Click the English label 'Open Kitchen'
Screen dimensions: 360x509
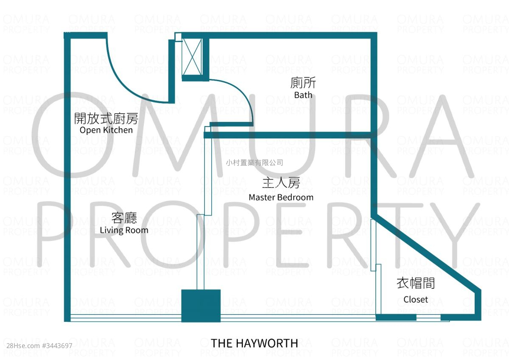click(106, 130)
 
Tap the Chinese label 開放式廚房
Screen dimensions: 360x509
click(106, 118)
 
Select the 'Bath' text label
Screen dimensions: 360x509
click(303, 95)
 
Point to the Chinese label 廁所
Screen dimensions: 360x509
click(303, 83)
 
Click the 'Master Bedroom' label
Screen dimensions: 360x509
click(281, 197)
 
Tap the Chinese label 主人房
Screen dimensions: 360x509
click(281, 183)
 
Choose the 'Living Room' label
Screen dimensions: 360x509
click(124, 231)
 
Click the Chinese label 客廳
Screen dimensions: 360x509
click(124, 218)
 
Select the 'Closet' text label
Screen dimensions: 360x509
click(416, 300)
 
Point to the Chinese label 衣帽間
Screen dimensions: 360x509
click(416, 283)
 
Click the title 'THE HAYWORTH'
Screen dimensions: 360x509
click(255, 343)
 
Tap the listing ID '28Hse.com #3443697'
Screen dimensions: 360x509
click(36, 346)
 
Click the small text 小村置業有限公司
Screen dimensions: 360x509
click(254, 163)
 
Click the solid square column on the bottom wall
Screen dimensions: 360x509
click(201, 306)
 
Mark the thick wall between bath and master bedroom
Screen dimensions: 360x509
click(288, 135)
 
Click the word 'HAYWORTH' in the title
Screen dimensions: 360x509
click(271, 343)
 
